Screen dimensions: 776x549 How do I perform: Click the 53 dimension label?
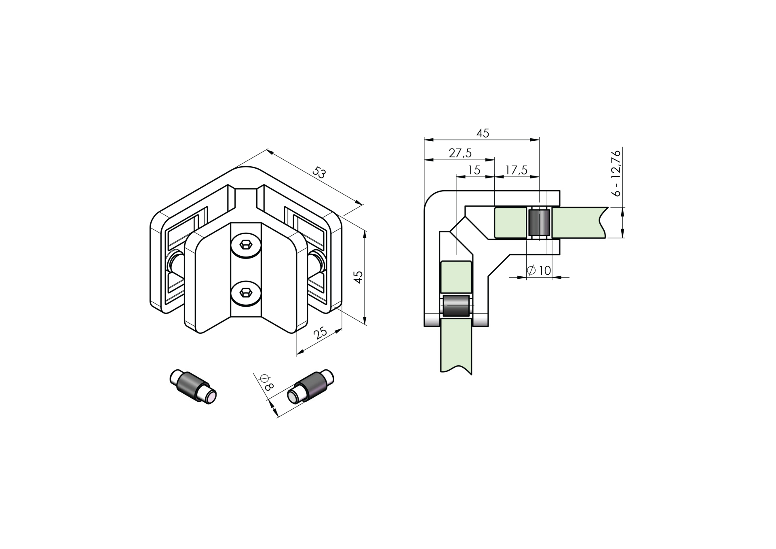coord(319,173)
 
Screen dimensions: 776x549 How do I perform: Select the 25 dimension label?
coord(321,333)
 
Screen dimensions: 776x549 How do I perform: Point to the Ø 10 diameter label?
coord(539,270)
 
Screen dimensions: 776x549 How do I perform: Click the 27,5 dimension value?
coord(460,153)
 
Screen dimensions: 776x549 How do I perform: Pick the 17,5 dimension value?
coord(516,170)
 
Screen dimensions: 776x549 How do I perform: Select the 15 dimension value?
coord(474,170)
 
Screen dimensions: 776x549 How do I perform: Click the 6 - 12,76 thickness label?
coord(616,173)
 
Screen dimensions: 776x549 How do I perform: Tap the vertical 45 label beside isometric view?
coord(358,277)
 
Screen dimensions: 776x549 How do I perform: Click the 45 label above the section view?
coord(483,133)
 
